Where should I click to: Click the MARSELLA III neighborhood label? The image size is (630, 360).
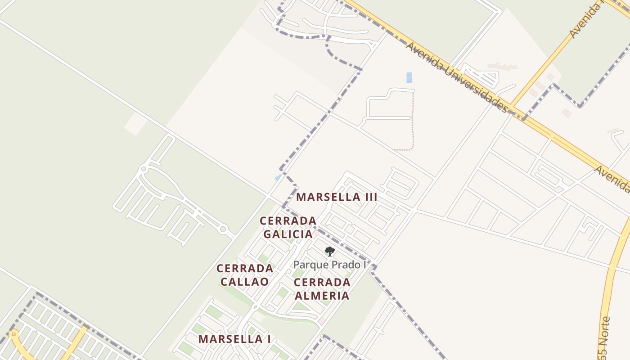(x=337, y=197)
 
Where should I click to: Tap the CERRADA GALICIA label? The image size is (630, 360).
(x=288, y=227)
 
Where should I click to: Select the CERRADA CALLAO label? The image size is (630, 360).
(x=245, y=275)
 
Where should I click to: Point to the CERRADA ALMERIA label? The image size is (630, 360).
(x=322, y=289)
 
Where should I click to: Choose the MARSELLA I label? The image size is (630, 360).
(x=234, y=339)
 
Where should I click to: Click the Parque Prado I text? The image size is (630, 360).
(x=330, y=265)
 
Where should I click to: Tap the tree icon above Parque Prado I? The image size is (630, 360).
(x=330, y=252)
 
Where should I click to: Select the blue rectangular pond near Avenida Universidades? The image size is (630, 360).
(x=409, y=77)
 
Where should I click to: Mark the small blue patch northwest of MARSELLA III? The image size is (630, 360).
(x=278, y=178)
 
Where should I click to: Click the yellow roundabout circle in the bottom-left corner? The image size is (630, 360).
(x=13, y=334)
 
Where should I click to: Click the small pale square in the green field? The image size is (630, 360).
(x=135, y=123)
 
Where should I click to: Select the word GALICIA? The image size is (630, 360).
(x=288, y=234)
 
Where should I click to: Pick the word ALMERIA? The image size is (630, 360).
(x=322, y=296)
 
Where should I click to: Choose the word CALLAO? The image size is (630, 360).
(x=245, y=282)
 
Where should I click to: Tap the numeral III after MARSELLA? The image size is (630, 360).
(x=370, y=197)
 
